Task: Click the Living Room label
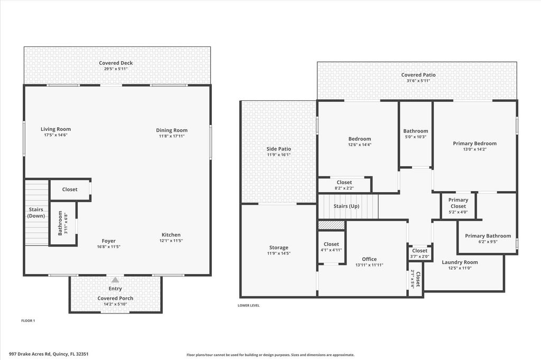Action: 55,129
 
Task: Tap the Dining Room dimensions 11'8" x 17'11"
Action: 172,136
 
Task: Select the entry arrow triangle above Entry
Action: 115,280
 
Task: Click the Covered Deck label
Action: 116,63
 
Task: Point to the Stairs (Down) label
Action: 36,212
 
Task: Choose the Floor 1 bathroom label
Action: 60,223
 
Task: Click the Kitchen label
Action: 171,235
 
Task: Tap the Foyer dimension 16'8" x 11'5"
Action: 109,247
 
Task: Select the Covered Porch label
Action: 115,298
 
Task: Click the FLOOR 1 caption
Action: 27,320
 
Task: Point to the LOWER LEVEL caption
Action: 249,305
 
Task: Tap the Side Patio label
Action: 278,149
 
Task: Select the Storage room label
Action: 278,248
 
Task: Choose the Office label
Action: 369,259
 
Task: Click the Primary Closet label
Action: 458,203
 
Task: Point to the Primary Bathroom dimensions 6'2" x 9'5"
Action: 488,242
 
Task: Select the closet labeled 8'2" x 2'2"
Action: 344,188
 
